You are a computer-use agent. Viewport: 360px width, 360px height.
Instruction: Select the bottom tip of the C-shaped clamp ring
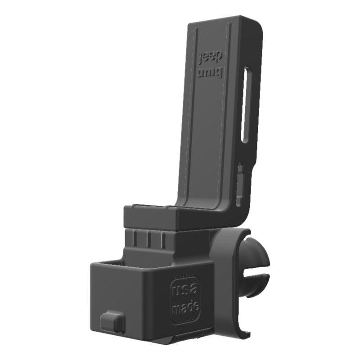tap(246, 335)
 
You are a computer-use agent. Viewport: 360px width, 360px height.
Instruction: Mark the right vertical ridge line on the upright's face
tap(228, 112)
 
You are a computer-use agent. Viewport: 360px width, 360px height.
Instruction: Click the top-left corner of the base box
tap(92, 265)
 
